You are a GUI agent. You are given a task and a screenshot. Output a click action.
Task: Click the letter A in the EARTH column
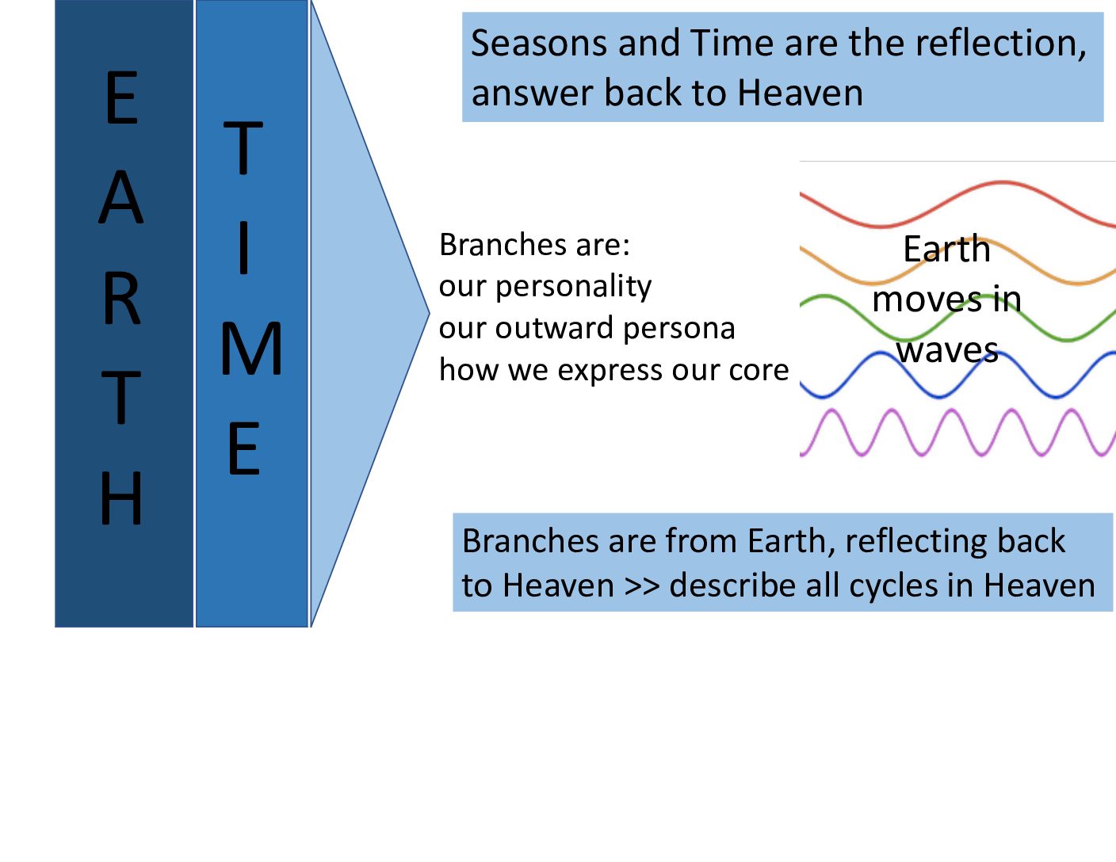pos(120,196)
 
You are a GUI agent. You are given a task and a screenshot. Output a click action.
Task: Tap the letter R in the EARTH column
pos(122,298)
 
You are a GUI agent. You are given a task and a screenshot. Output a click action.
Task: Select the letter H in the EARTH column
pos(120,498)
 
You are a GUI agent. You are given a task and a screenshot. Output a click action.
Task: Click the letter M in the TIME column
pos(251,349)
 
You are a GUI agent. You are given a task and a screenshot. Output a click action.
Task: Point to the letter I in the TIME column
pos(244,247)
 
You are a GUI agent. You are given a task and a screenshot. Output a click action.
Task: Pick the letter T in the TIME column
pos(243,147)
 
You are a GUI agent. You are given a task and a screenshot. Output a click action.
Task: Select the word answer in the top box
pos(532,93)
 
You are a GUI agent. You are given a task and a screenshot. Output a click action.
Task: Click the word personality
pos(573,287)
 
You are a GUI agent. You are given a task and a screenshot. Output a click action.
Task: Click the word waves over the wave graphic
pos(947,350)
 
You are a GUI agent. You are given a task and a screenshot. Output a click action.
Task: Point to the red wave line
pos(957,204)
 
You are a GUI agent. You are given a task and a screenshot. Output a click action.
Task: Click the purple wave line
pos(957,433)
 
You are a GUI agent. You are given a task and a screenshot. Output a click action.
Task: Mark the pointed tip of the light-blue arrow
pos(429,312)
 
